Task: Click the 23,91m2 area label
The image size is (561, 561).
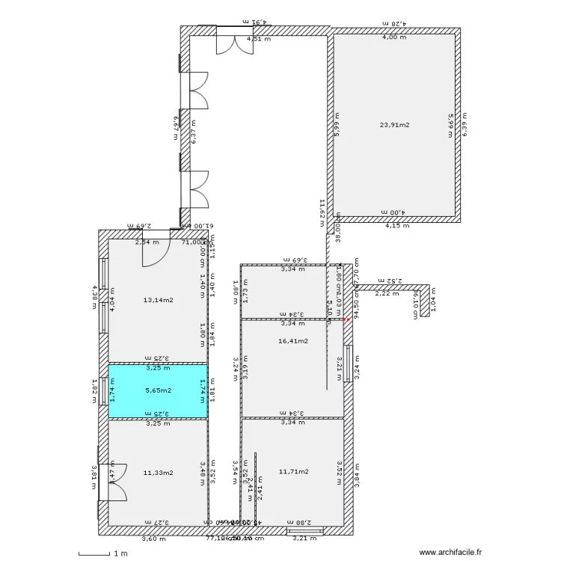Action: (395, 126)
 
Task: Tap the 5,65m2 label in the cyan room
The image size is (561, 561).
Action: (158, 390)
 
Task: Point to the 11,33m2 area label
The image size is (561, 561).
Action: (158, 472)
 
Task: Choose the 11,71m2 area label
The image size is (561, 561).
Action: (293, 471)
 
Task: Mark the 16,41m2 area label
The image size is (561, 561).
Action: (293, 340)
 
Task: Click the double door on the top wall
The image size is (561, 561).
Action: (230, 42)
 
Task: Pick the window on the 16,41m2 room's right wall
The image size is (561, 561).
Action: (349, 363)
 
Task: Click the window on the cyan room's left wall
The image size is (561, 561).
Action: (104, 389)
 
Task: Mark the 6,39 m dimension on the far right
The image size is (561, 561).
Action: (464, 124)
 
